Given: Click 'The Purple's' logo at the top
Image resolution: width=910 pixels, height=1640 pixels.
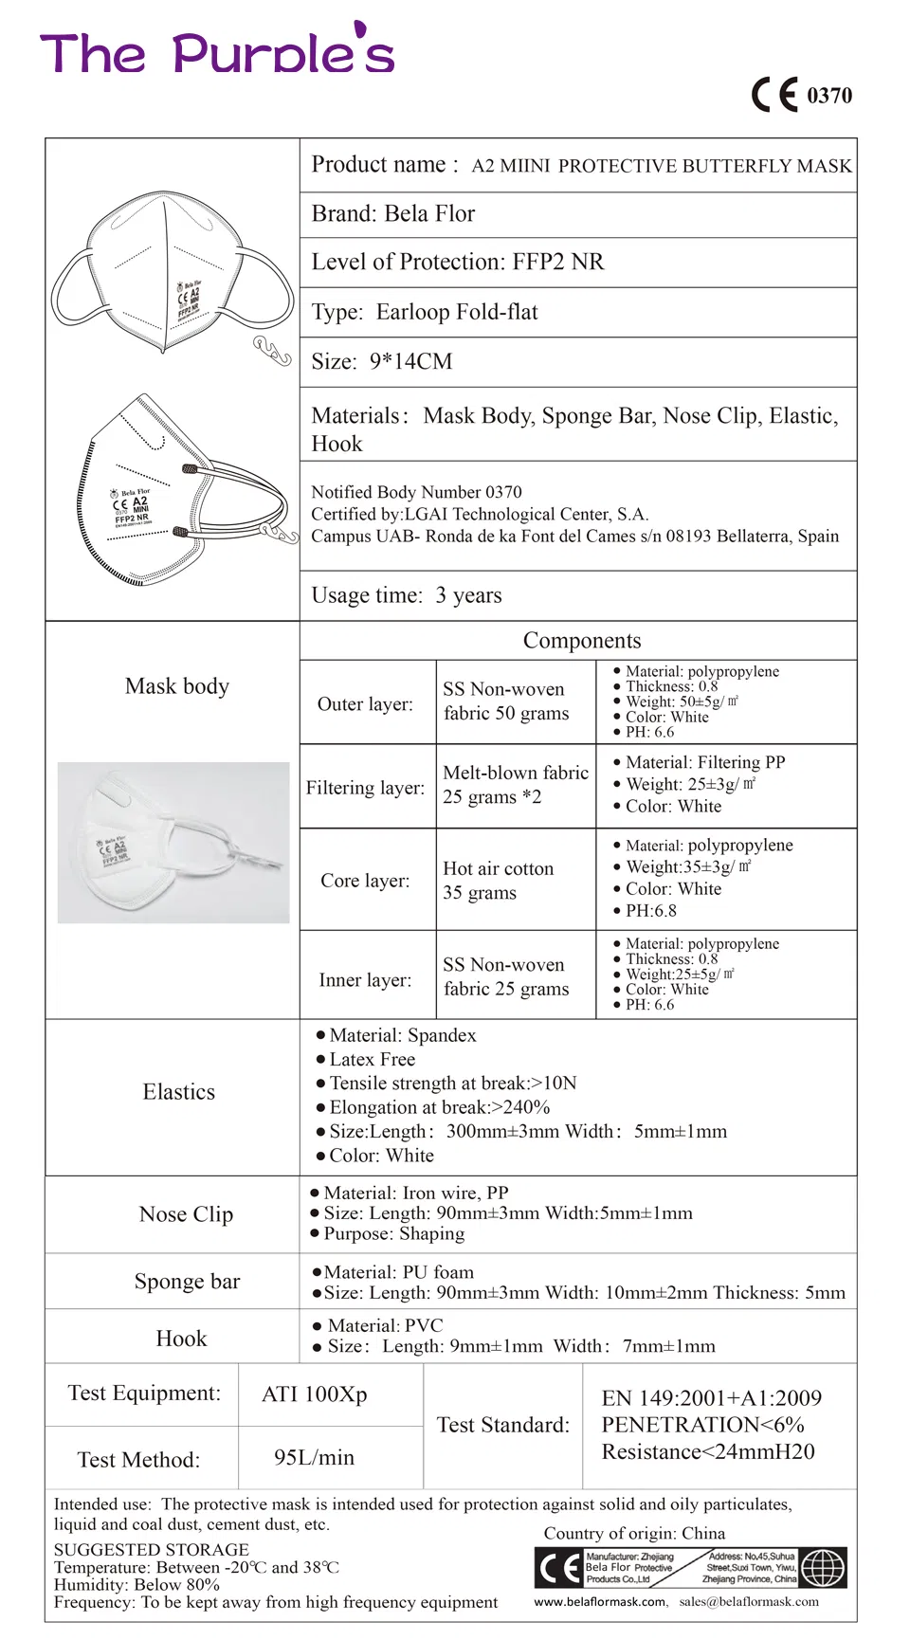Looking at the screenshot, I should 217,52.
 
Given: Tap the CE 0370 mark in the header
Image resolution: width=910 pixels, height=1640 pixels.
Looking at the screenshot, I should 802,95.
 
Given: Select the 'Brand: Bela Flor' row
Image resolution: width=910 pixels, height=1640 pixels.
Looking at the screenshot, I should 393,214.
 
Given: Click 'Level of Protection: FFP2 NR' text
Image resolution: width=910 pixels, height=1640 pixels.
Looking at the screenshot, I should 458,263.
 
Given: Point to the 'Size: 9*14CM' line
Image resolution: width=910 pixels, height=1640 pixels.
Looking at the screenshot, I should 382,362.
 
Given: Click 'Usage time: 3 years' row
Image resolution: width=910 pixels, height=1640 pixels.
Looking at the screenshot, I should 407,595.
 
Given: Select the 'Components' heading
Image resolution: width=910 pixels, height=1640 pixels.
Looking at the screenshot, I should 582,641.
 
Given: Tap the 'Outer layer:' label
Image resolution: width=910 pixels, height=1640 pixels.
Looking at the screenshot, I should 365,704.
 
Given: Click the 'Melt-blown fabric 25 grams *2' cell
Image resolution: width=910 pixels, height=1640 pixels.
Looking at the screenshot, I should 515,785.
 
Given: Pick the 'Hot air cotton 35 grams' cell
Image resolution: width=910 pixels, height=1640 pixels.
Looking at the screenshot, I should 498,881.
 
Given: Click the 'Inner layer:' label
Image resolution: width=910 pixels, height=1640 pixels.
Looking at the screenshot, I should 365,980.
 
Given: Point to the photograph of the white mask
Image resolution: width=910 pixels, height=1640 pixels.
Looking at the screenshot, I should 173,843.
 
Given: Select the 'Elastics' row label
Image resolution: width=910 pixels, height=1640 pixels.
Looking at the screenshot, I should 178,1092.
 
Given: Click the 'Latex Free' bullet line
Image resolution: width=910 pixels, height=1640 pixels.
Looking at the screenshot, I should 372,1060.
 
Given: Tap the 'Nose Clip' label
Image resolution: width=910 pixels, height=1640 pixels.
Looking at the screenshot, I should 186,1214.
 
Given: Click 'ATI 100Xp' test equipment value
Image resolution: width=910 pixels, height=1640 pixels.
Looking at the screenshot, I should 315,1394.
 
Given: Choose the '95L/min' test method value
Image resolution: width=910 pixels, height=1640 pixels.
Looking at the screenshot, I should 314,1458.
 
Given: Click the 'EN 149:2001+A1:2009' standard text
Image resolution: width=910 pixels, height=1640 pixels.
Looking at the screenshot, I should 711,1398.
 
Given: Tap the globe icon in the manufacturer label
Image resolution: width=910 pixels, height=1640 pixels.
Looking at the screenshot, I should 823,1568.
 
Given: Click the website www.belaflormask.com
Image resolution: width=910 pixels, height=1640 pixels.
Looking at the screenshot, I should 600,1602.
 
